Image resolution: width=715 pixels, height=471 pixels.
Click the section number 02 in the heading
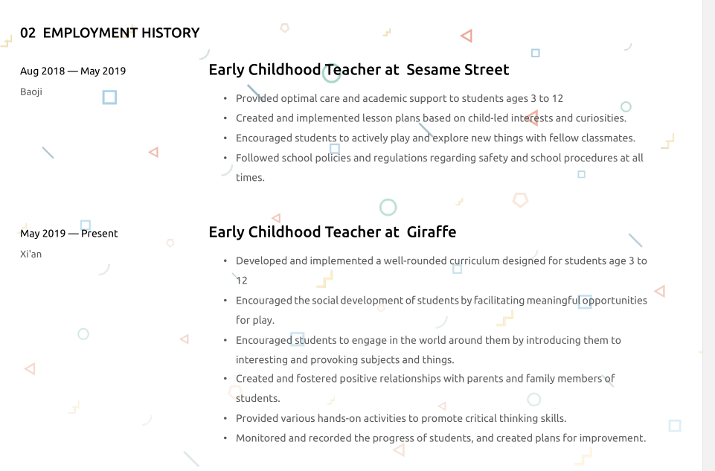pyautogui.click(x=28, y=33)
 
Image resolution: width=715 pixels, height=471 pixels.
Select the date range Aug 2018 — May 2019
pyautogui.click(x=73, y=71)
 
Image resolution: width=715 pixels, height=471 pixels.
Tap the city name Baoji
pyautogui.click(x=31, y=92)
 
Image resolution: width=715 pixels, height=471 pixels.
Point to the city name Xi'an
pyautogui.click(x=31, y=254)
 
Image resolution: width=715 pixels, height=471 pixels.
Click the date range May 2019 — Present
pyautogui.click(x=69, y=234)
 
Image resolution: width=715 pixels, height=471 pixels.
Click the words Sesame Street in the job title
pyautogui.click(x=458, y=70)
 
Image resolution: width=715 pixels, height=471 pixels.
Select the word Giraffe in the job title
pyautogui.click(x=432, y=232)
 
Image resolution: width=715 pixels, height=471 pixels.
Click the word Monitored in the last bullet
pyautogui.click(x=261, y=438)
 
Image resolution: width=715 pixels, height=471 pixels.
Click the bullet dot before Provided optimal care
pyautogui.click(x=225, y=98)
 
